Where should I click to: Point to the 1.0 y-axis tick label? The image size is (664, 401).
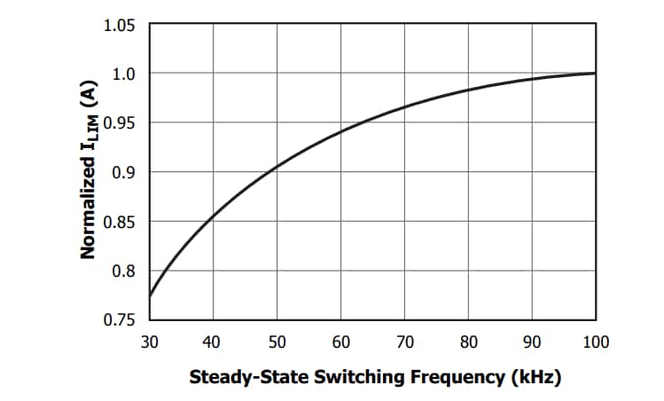(x=125, y=74)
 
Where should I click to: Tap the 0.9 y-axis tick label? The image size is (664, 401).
(x=125, y=172)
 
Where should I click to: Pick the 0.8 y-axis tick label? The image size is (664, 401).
(x=125, y=271)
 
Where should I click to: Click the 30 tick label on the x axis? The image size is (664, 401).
(x=149, y=342)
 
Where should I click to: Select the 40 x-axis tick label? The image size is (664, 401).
(x=213, y=342)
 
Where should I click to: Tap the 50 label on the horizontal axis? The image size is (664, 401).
(x=277, y=342)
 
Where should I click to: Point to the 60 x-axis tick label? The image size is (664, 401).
(x=340, y=342)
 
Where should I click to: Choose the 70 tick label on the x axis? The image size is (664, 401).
(x=404, y=342)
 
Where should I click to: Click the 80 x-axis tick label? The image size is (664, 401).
(x=468, y=342)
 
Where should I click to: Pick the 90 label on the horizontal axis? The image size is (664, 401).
(x=532, y=342)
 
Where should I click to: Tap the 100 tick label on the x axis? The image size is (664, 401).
(x=596, y=342)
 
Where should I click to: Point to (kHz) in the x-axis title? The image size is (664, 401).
(x=535, y=377)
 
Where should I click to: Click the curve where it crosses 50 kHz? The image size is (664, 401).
(x=277, y=167)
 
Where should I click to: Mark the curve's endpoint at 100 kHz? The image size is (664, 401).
(x=595, y=73)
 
